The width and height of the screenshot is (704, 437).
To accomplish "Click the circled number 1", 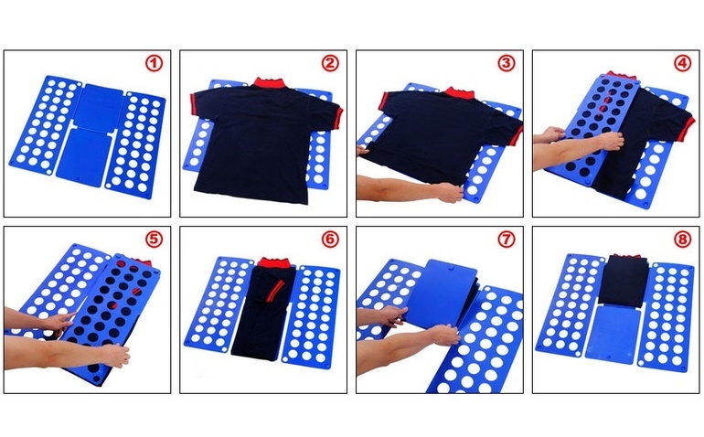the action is pos(154,63).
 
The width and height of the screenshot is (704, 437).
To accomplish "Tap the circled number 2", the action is pos(330,63).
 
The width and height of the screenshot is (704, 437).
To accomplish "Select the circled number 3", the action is pos(506,63).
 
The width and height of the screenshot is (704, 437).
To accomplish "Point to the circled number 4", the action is pos(682,63).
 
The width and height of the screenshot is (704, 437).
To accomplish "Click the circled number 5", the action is pos(154,240).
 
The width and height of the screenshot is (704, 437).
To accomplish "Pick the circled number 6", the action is pos(330,240).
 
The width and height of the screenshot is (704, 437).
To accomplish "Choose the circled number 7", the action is pos(506,240).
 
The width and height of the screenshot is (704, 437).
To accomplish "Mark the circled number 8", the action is pos(682,240).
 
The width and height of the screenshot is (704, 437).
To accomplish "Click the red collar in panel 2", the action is pos(271,82).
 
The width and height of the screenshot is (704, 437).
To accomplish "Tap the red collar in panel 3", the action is pos(459,93).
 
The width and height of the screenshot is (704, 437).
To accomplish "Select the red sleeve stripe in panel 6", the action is pos(274,290).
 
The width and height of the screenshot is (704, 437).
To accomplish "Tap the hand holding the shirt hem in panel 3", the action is pos(449,192).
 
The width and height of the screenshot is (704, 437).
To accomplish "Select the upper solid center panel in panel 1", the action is pos(98,107).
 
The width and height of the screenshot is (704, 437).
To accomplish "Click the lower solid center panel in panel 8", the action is pos(612,335).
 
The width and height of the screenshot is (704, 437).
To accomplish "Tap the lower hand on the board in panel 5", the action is pos(114,356).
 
